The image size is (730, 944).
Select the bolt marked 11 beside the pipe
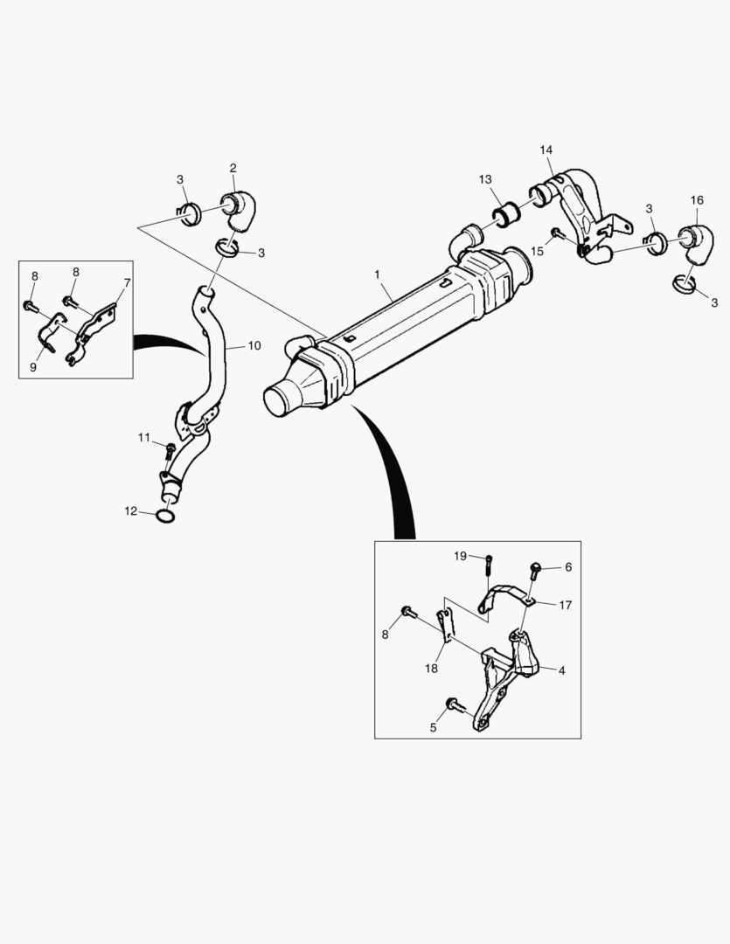(170, 450)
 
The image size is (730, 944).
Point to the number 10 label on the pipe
(254, 345)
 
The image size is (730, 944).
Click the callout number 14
(546, 150)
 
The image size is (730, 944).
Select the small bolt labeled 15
(556, 233)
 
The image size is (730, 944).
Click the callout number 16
(696, 200)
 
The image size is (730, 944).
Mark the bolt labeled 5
(453, 704)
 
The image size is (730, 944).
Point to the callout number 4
(561, 671)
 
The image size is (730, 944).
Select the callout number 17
(565, 605)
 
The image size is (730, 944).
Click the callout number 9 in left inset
(33, 368)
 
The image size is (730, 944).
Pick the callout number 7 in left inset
(127, 282)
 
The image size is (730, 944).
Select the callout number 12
(130, 511)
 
